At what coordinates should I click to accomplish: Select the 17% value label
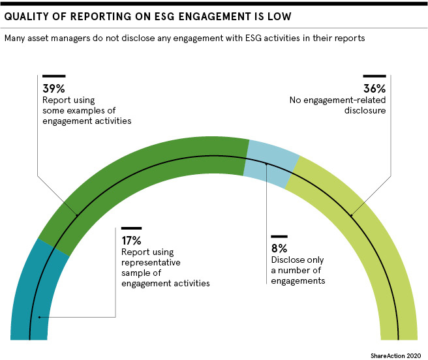point(131,240)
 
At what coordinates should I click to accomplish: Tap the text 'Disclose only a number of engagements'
point(298,271)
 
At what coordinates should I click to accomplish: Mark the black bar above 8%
point(279,236)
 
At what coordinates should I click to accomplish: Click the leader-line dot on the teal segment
point(39,318)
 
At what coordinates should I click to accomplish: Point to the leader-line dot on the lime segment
point(352,216)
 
